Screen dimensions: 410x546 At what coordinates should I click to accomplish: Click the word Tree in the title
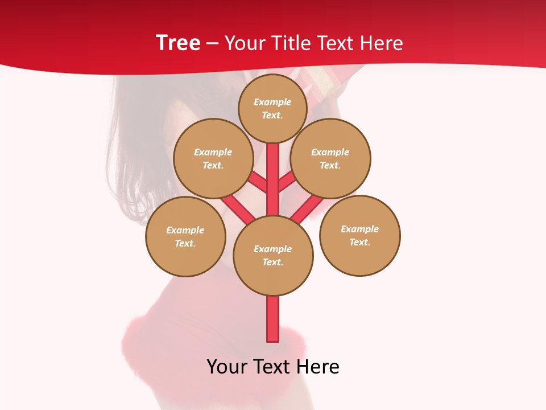pyautogui.click(x=178, y=43)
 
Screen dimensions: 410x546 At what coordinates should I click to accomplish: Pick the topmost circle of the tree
pyautogui.click(x=272, y=108)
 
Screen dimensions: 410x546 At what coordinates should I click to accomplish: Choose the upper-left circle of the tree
pyautogui.click(x=213, y=158)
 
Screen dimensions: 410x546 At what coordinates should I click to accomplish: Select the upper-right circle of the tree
pyautogui.click(x=330, y=158)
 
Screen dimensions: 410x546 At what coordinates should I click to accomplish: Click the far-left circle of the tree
pyautogui.click(x=185, y=236)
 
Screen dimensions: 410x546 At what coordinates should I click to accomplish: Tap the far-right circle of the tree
pyautogui.click(x=359, y=235)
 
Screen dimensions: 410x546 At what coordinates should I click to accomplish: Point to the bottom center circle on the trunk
pyautogui.click(x=273, y=255)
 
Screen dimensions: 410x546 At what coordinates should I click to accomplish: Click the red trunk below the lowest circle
pyautogui.click(x=273, y=319)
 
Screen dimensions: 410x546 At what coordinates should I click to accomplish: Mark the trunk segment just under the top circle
pyautogui.click(x=273, y=171)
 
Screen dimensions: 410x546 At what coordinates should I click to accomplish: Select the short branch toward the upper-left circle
pyautogui.click(x=259, y=182)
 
